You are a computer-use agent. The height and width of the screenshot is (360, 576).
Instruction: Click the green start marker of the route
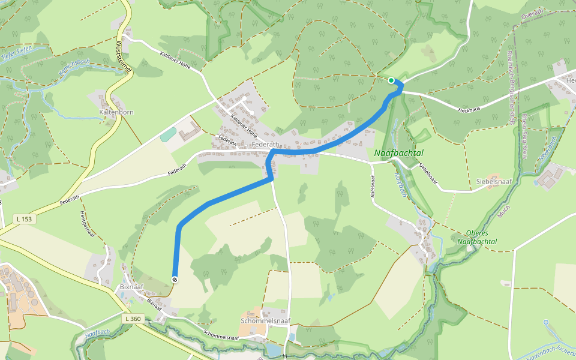coord(391,80)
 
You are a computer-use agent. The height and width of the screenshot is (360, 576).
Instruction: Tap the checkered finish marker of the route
coord(175,280)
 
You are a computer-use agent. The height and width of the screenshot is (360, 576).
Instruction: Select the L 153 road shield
coord(24,220)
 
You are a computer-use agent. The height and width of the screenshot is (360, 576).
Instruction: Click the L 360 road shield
coord(134,319)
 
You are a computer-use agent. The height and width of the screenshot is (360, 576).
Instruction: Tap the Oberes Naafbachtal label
coord(481,237)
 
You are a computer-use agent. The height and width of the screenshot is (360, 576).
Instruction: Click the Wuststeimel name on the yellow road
coord(123,56)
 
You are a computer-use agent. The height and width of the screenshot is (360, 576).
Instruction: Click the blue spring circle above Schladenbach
coord(546,322)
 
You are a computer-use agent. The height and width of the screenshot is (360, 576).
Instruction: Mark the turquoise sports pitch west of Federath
coord(169,134)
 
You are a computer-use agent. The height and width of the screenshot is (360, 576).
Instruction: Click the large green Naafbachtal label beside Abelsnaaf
coord(398,153)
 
